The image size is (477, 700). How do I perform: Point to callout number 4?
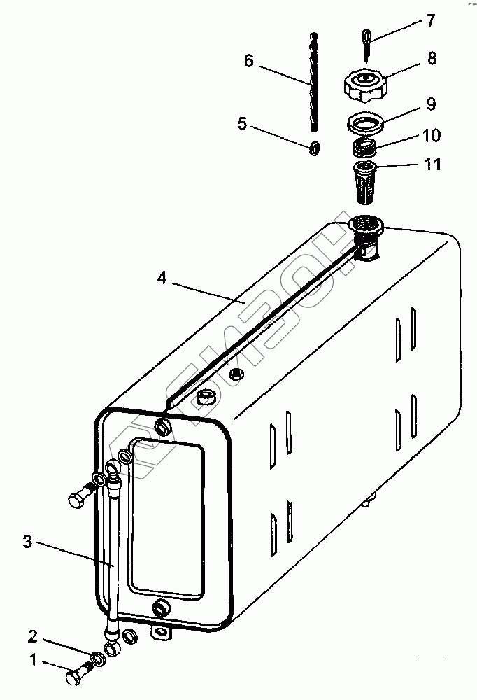click(x=162, y=278)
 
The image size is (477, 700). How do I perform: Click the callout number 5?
click(x=242, y=124)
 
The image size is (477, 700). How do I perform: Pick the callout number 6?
click(x=249, y=62)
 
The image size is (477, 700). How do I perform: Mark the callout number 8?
click(x=432, y=59)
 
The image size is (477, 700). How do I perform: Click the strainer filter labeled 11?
click(x=364, y=179)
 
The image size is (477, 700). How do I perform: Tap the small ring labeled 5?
click(x=315, y=148)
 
